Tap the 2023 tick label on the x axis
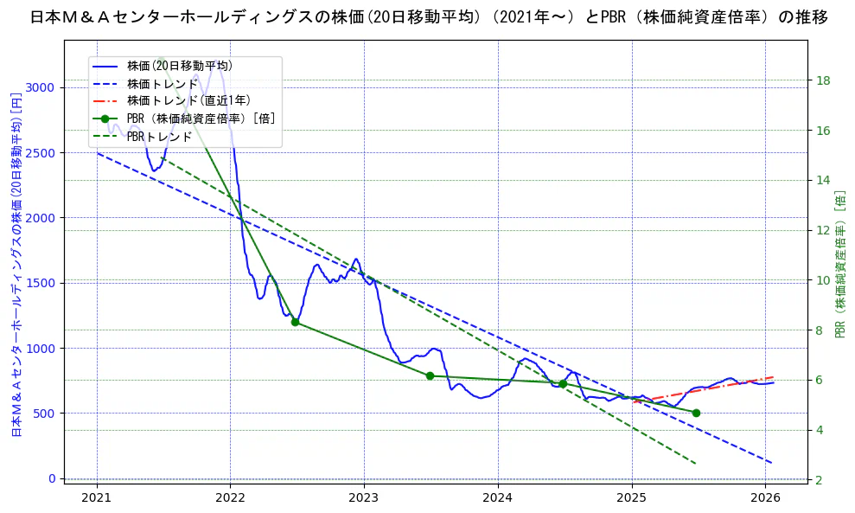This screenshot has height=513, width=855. (x=364, y=498)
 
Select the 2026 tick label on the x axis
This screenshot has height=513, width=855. (x=765, y=498)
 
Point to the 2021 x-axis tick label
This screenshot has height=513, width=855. (x=97, y=498)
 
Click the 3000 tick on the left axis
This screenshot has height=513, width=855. (x=42, y=87)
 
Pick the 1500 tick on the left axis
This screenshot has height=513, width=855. (x=42, y=283)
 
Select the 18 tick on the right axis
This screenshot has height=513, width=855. (x=823, y=80)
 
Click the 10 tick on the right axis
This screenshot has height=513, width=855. (x=823, y=280)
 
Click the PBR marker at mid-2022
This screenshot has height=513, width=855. (x=295, y=322)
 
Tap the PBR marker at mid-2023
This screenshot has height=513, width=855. (x=430, y=375)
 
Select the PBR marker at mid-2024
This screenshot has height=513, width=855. (x=563, y=383)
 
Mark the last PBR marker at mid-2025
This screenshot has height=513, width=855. (x=696, y=413)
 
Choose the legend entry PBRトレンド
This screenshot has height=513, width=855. (x=159, y=137)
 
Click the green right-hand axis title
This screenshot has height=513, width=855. (x=840, y=265)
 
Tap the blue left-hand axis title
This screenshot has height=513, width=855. (x=16, y=265)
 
